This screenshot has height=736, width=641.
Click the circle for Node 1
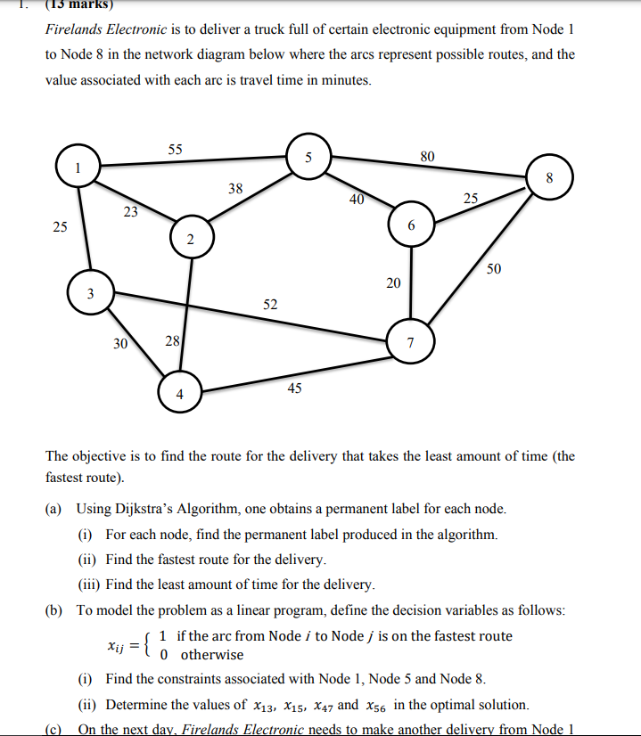(x=78, y=167)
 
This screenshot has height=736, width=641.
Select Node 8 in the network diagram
(x=550, y=176)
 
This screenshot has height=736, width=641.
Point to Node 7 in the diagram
(x=410, y=341)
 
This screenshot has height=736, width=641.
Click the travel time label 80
(x=428, y=157)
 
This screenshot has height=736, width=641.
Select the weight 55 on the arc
(x=175, y=150)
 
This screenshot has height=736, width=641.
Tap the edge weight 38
(x=235, y=188)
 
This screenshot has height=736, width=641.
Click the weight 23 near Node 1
(x=131, y=212)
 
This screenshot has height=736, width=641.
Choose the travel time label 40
(x=357, y=200)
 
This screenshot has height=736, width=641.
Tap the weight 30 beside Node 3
(x=120, y=342)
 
